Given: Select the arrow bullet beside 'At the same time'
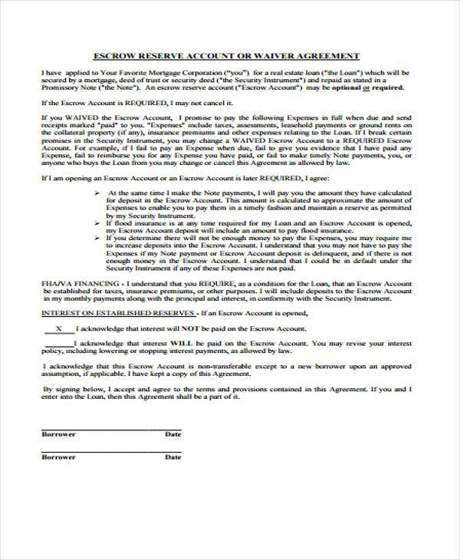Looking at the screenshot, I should (x=100, y=193).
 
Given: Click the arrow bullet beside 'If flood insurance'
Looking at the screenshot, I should (x=100, y=223).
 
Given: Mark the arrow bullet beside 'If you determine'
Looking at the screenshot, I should (x=100, y=239).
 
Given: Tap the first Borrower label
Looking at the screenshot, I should (x=58, y=434).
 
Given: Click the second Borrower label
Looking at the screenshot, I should (x=58, y=457).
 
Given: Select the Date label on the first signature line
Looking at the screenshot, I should (x=173, y=434).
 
